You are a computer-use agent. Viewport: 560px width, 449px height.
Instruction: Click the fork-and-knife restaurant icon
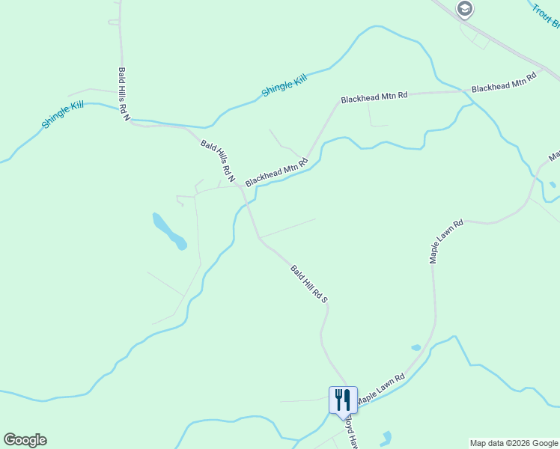343,400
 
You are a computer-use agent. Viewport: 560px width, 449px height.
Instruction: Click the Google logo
25,440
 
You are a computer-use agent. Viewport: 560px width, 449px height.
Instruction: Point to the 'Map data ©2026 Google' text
514,443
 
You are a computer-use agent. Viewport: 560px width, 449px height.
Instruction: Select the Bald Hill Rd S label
310,283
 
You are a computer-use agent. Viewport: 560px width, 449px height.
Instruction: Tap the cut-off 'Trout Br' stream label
546,16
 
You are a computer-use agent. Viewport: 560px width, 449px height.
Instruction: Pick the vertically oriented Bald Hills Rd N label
124,94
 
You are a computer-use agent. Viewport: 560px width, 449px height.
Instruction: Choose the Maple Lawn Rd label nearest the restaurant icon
380,390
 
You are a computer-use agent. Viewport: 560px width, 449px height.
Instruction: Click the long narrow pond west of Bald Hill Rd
169,231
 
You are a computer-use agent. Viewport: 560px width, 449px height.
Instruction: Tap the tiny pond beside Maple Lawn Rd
416,347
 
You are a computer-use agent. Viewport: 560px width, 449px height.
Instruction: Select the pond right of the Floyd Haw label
386,438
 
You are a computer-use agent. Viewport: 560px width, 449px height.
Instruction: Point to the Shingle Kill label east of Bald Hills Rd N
284,85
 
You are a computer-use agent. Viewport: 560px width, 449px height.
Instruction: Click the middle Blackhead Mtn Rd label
374,97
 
